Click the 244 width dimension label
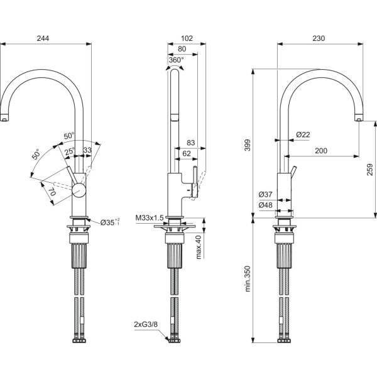pos(43,38)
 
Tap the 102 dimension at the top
pos(185,38)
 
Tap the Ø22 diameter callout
pos(303,134)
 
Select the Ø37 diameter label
pos(265,195)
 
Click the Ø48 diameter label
pos(265,204)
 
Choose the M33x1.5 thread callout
pos(149,218)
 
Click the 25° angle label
pos(70,151)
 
